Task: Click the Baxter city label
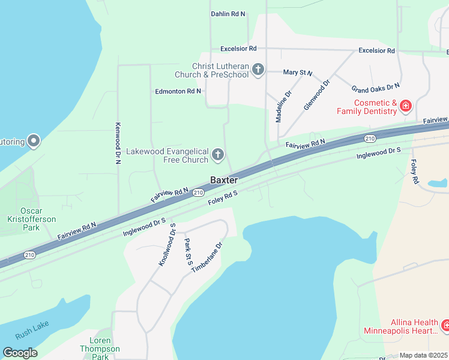(224, 180)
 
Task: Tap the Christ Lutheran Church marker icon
(258, 70)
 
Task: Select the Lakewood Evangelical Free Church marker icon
(218, 156)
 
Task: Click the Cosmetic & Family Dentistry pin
(406, 107)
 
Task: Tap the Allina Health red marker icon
(445, 326)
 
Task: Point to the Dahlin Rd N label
(228, 14)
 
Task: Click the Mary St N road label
(298, 73)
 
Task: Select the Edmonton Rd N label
(178, 91)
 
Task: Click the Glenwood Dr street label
(317, 95)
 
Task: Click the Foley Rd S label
(223, 197)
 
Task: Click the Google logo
(20, 353)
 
